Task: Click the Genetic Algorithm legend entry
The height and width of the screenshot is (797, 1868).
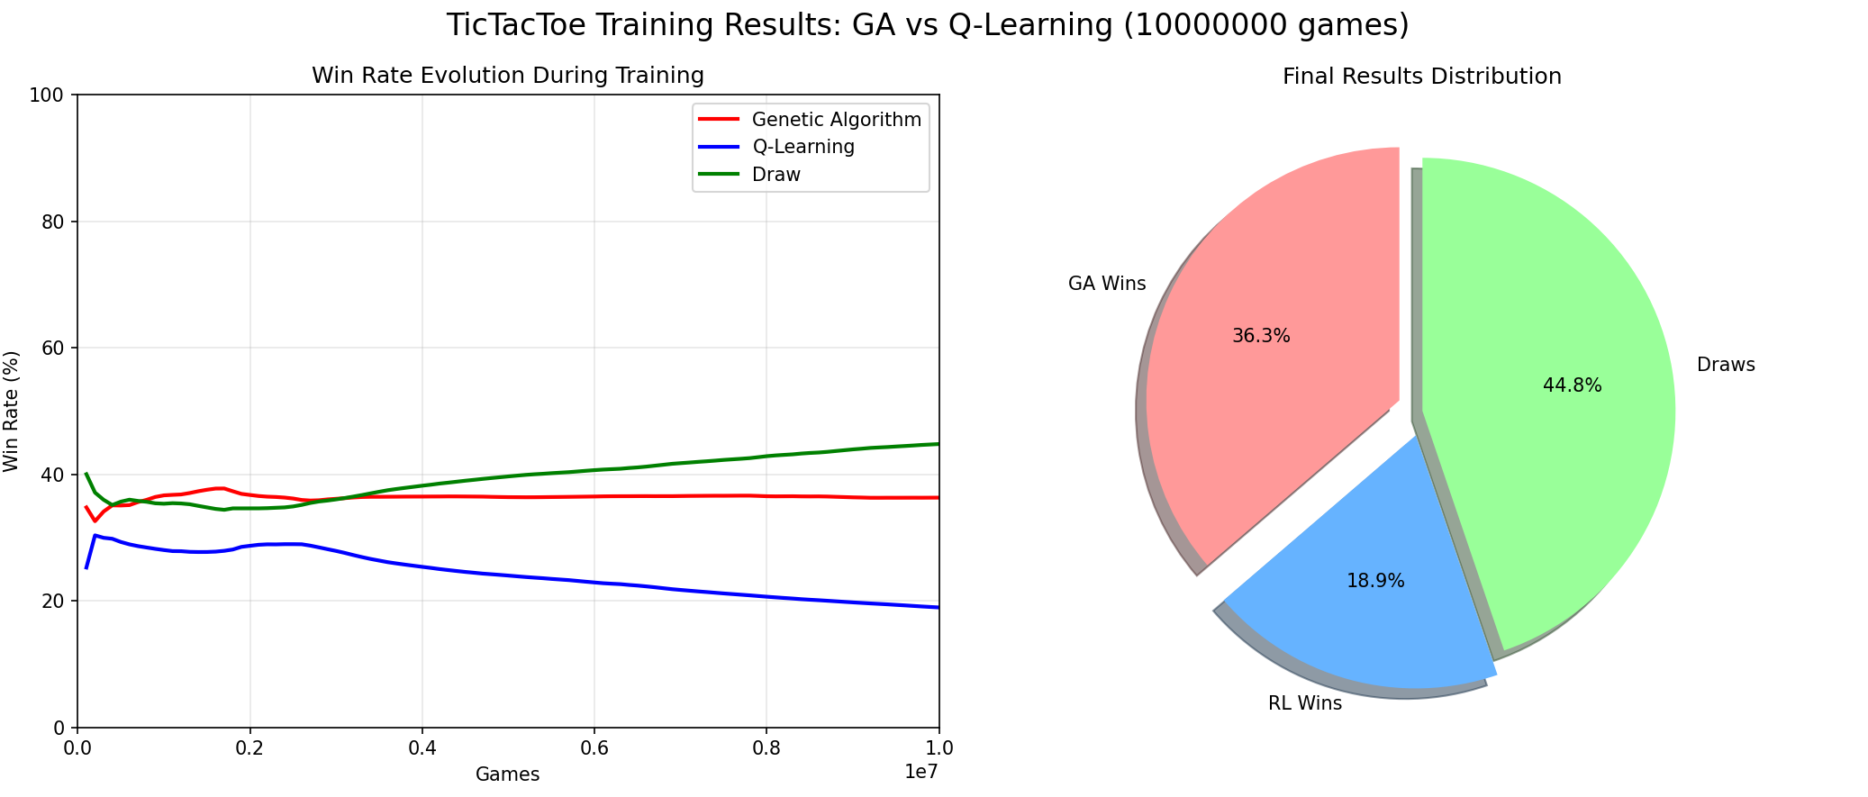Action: [x=836, y=120]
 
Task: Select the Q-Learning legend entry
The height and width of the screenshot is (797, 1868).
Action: [x=803, y=147]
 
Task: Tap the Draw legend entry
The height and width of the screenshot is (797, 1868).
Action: [x=775, y=175]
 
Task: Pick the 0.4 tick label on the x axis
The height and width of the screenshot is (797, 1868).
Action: [x=422, y=748]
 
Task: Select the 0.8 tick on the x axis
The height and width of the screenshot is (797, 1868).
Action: [x=766, y=748]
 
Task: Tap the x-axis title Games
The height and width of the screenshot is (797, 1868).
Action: [x=507, y=774]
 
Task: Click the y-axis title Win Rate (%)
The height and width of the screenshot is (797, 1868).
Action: [x=12, y=411]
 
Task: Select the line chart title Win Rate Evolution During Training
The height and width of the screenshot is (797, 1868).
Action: [x=507, y=76]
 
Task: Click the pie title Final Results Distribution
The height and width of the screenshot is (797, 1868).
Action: [x=1421, y=77]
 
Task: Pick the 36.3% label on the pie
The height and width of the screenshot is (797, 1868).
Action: [x=1261, y=336]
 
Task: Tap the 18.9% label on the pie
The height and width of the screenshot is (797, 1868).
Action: [x=1375, y=581]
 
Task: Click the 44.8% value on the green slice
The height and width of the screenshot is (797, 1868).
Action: [x=1572, y=385]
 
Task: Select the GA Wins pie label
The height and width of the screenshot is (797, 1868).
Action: [x=1107, y=284]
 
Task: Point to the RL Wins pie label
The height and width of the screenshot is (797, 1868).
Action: [x=1304, y=703]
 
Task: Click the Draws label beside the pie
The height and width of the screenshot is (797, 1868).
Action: [x=1726, y=365]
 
